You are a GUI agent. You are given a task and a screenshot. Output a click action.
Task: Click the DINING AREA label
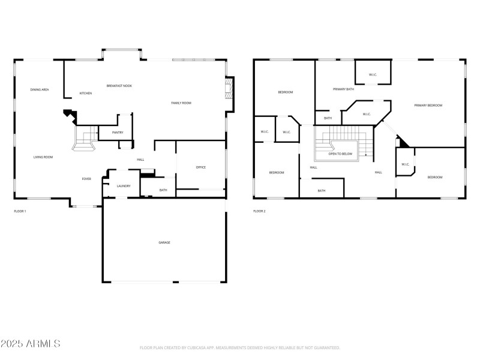click(x=40, y=89)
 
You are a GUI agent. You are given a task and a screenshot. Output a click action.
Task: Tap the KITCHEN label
click(x=86, y=93)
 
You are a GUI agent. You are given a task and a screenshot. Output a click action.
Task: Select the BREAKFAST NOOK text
click(x=119, y=86)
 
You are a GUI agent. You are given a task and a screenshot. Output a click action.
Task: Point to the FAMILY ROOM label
click(x=181, y=103)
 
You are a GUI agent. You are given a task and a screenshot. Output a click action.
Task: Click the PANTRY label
click(x=118, y=133)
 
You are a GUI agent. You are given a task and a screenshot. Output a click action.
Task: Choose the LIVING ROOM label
click(x=43, y=157)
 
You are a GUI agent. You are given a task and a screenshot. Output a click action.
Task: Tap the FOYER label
click(x=86, y=179)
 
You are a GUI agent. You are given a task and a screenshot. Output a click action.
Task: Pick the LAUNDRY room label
click(x=124, y=186)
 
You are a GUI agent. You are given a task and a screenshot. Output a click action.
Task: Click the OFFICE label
click(x=201, y=167)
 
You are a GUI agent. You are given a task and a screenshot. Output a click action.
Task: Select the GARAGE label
click(x=164, y=242)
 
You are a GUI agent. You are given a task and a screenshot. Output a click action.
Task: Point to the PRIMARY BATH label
click(x=344, y=89)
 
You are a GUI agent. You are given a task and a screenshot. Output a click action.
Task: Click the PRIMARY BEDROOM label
click(x=428, y=105)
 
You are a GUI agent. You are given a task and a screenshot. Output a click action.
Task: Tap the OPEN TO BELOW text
click(x=340, y=154)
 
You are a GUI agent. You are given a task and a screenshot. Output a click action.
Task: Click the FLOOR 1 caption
click(x=20, y=211)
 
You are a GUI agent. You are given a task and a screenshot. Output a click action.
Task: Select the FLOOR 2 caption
click(x=259, y=211)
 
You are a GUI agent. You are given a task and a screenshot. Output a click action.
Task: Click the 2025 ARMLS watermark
click(x=31, y=344)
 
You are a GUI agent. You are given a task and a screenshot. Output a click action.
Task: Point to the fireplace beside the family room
click(x=228, y=94)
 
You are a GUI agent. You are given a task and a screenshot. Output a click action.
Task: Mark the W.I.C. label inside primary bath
click(x=373, y=75)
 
